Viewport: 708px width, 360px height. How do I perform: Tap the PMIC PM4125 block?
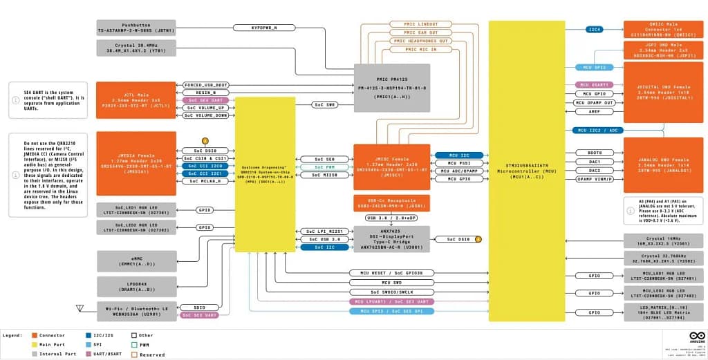(x=392, y=83)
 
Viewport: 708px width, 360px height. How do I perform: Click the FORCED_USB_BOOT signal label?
(x=206, y=85)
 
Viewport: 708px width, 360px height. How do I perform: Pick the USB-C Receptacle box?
(x=391, y=202)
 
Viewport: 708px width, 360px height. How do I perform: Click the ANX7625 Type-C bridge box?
(x=391, y=238)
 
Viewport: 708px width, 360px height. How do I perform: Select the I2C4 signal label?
(x=594, y=30)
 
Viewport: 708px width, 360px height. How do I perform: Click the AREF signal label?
(x=595, y=111)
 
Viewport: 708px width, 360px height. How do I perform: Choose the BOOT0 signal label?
(x=595, y=152)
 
